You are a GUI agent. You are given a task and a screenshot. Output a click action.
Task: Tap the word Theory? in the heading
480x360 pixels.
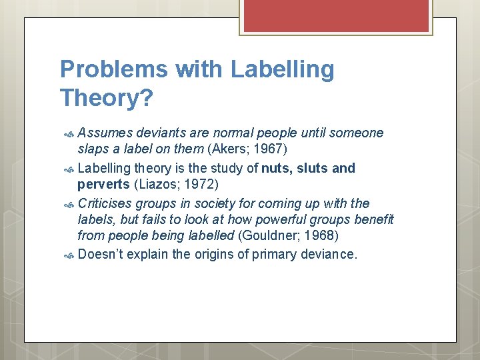click(x=106, y=98)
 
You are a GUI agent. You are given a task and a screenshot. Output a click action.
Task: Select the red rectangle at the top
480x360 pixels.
click(x=334, y=15)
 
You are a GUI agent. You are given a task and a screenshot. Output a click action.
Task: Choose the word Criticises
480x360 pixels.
click(x=105, y=203)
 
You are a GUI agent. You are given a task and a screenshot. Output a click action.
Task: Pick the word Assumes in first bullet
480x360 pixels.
click(x=104, y=133)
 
